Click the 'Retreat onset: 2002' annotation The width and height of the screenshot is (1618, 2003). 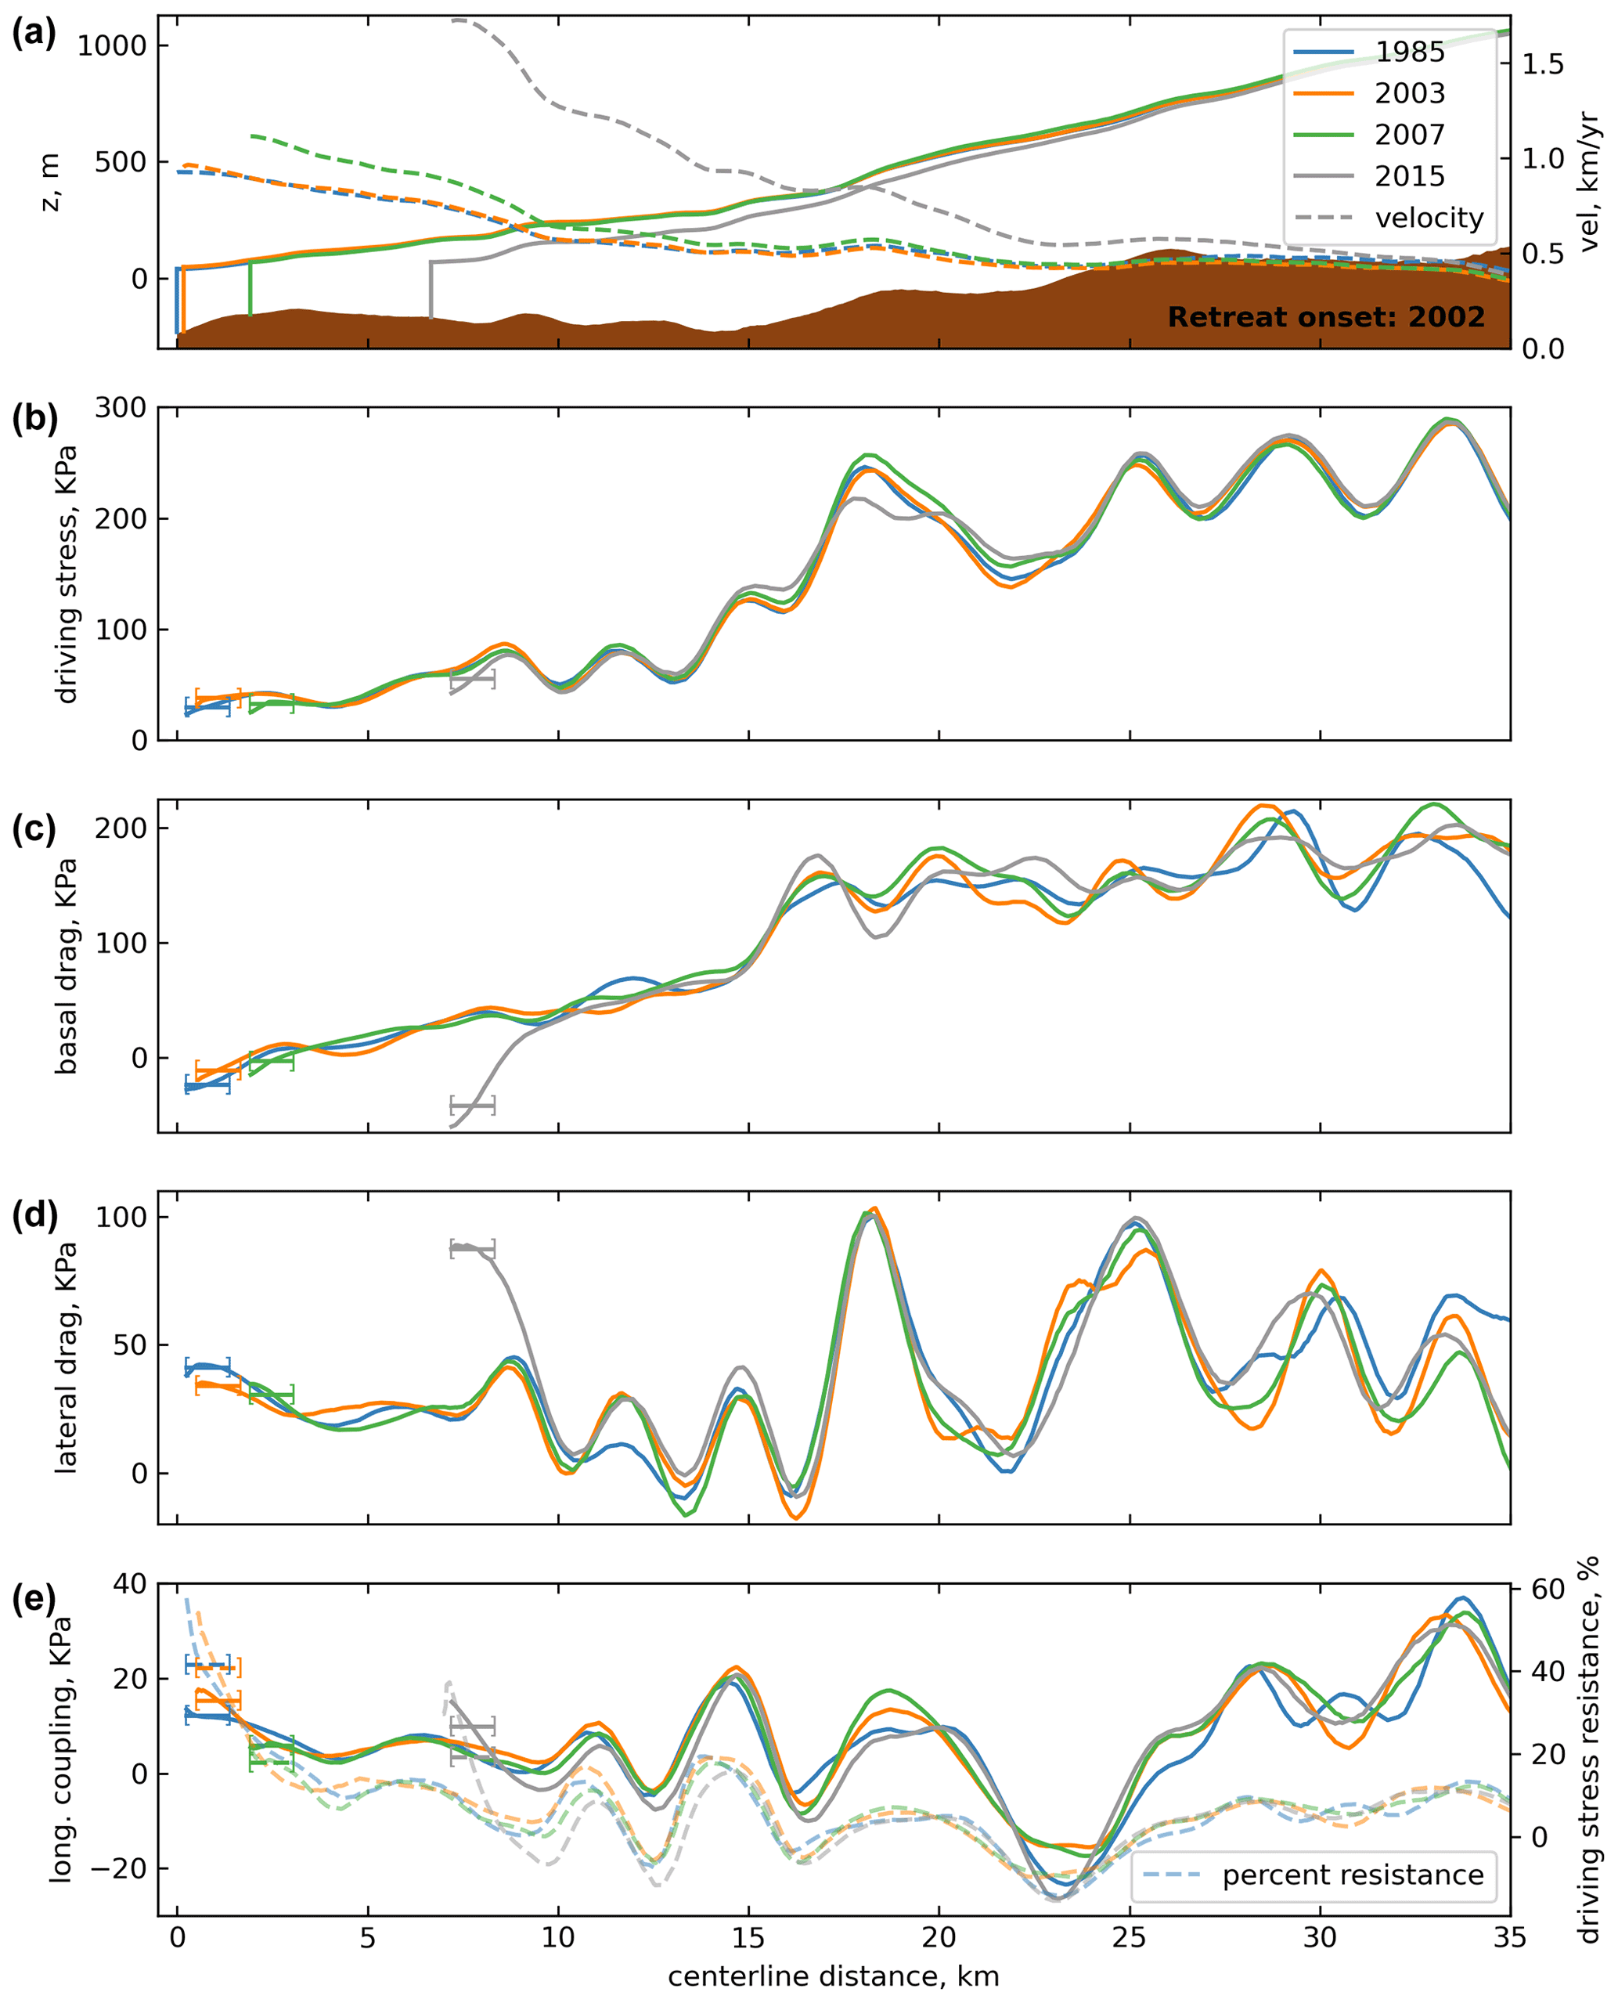(1325, 318)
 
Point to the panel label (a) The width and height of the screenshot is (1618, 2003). (34, 34)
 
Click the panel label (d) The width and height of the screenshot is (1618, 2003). (34, 1215)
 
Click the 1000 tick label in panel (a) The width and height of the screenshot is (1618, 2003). (111, 45)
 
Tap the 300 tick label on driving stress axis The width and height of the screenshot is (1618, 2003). (121, 409)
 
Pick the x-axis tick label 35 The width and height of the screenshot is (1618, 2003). (1509, 1939)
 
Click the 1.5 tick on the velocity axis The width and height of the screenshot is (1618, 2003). (1543, 64)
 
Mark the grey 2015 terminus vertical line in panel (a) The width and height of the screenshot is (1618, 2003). (431, 289)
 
